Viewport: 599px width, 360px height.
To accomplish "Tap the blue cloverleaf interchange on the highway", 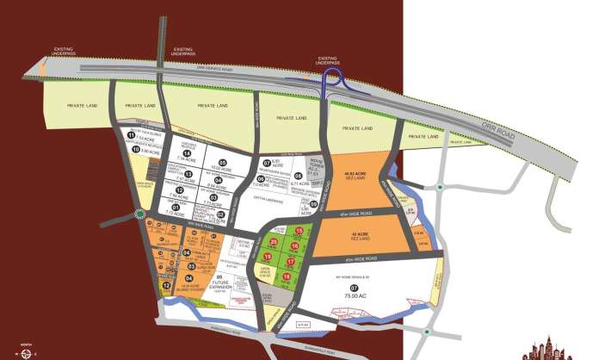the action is [330, 84].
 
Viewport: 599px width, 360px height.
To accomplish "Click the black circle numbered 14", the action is [187, 153].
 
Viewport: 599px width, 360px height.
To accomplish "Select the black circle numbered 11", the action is [132, 135].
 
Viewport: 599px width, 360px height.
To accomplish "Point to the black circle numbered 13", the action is [187, 173].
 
